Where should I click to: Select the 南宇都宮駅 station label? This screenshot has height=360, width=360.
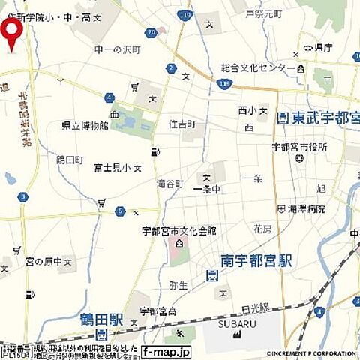click(256, 260)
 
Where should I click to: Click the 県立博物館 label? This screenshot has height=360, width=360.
click(85, 125)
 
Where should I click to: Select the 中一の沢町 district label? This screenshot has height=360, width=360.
click(117, 49)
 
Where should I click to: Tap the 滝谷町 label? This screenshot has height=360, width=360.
click(169, 184)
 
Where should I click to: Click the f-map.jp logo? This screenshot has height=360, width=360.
click(166, 350)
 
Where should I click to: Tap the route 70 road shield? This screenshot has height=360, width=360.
click(152, 33)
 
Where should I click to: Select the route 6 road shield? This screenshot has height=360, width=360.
click(119, 211)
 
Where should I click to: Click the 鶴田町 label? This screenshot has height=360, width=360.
click(68, 160)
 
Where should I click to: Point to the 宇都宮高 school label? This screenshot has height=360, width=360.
click(157, 310)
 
